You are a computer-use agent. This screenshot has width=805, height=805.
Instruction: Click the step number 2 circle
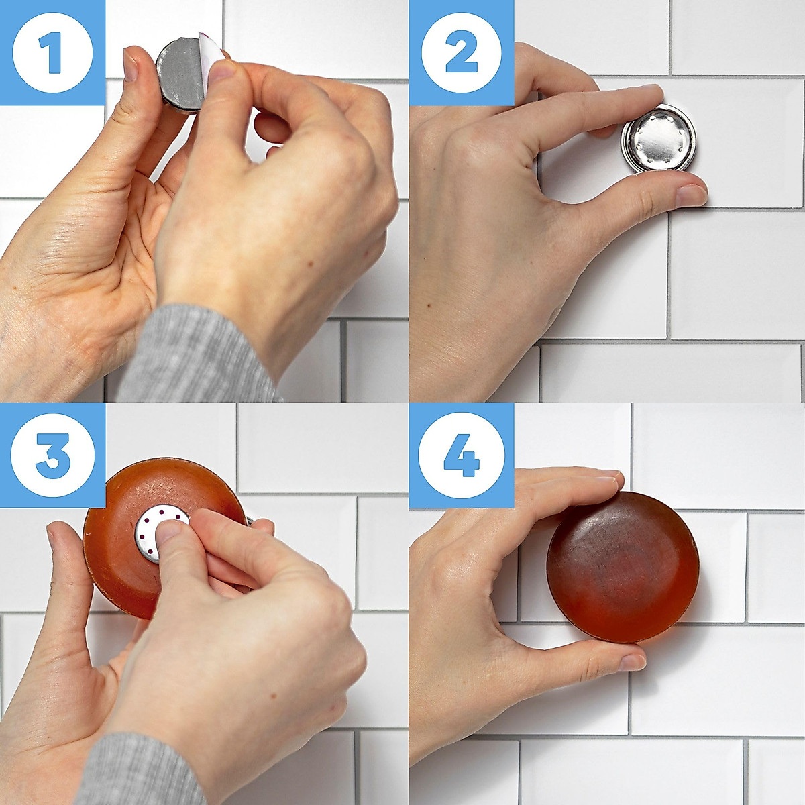point(462,52)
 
